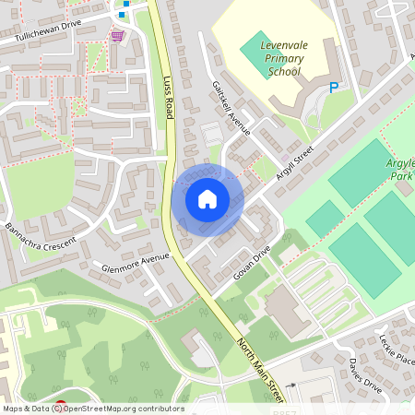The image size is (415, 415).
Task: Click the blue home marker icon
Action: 207,199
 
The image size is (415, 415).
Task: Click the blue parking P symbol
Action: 334,88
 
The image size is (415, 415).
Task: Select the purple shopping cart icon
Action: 117,36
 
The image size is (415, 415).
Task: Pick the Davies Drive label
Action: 365,375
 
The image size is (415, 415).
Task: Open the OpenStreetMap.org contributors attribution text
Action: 120,409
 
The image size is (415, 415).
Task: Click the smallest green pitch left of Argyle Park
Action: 324,219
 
